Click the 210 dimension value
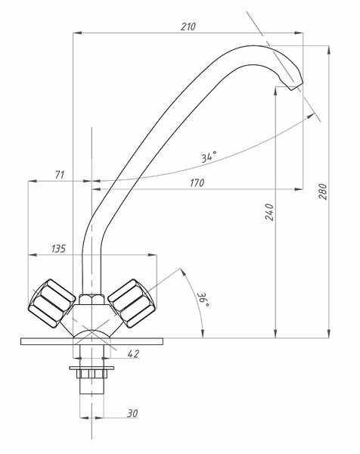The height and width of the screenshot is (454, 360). (x=188, y=26)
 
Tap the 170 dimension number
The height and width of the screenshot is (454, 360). (x=197, y=183)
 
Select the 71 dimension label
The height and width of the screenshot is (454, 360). (x=60, y=175)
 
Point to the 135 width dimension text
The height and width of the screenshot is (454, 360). (x=58, y=249)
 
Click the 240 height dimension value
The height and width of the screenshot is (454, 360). (x=269, y=212)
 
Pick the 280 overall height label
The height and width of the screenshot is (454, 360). (x=323, y=191)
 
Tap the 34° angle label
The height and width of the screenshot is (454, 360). (x=209, y=157)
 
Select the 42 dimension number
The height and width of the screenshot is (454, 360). (x=133, y=353)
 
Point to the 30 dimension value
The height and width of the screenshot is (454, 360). (x=132, y=413)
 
